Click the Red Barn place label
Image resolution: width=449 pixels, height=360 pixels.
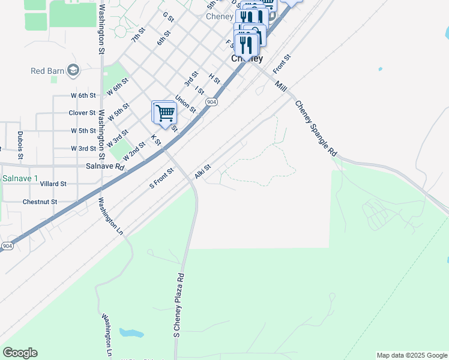pyautogui.click(x=47, y=71)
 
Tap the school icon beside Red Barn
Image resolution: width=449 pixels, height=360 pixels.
pyautogui.click(x=74, y=71)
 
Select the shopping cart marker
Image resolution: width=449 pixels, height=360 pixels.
pyautogui.click(x=164, y=112)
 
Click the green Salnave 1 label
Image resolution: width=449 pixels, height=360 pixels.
pyautogui.click(x=20, y=179)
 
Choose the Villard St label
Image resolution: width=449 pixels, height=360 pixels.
pyautogui.click(x=53, y=184)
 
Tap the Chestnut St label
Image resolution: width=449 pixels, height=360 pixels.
pyautogui.click(x=40, y=202)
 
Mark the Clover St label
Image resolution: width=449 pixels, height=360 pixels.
pyautogui.click(x=82, y=113)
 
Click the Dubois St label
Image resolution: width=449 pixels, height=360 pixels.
pyautogui.click(x=20, y=145)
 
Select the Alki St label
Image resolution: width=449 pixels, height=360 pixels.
pyautogui.click(x=203, y=172)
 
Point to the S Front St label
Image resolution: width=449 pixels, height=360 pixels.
pyautogui.click(x=161, y=178)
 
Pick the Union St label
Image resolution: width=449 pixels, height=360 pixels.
pyautogui.click(x=185, y=104)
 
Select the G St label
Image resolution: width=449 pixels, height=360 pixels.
pyautogui.click(x=167, y=18)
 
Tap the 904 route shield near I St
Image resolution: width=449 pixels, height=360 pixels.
pyautogui.click(x=211, y=103)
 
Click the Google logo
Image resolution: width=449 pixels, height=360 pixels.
pyautogui.click(x=20, y=353)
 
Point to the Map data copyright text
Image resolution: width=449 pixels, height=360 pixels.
pyautogui.click(x=412, y=355)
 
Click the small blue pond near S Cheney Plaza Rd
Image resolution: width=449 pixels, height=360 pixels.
pyautogui.click(x=131, y=332)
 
